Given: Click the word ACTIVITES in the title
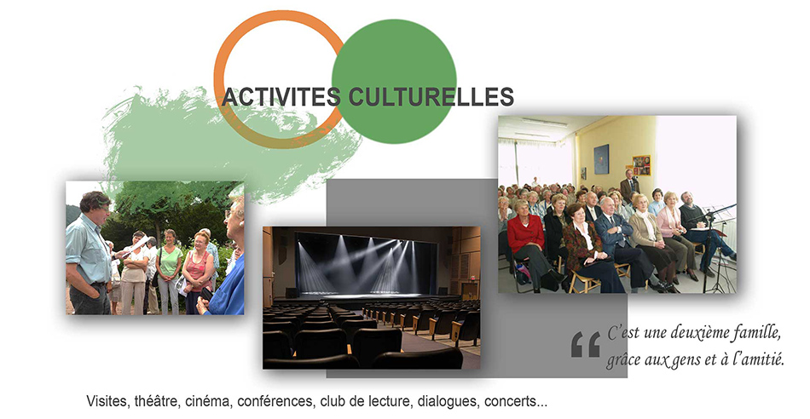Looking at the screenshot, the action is coord(281,97).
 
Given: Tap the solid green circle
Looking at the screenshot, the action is coord(394,82).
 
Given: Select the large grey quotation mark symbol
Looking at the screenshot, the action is coord(585,345).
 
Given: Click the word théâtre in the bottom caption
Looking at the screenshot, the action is coord(157,401).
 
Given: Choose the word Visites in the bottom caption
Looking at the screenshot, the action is coord(108,401).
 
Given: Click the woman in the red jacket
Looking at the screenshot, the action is coord(527,242).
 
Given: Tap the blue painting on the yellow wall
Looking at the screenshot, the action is coord(601,159).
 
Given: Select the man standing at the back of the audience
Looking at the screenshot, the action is coord(629,186).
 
